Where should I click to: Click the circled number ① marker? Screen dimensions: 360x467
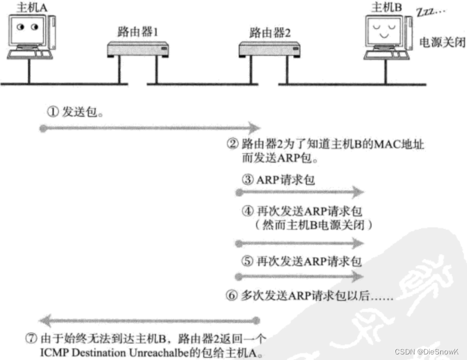(x=52, y=111)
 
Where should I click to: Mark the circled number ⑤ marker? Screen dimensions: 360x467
(x=247, y=261)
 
